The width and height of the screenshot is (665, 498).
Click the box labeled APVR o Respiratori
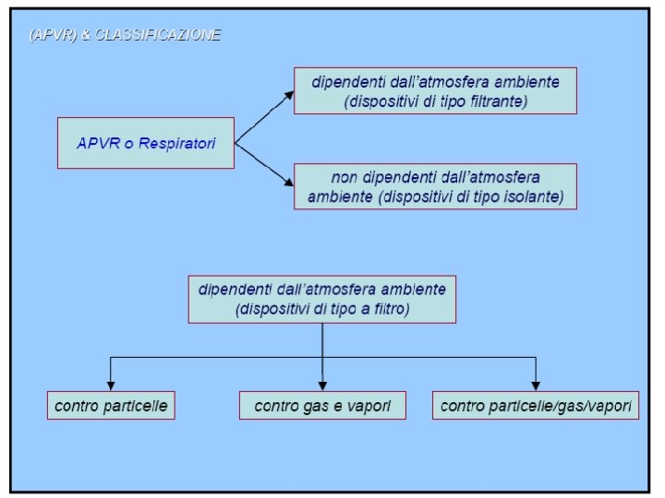tap(146, 143)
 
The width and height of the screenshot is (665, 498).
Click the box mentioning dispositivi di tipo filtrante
tap(435, 90)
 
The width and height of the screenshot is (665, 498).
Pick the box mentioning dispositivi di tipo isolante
tap(434, 187)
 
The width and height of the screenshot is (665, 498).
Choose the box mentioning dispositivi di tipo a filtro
tap(321, 299)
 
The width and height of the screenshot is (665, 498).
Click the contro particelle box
tap(112, 406)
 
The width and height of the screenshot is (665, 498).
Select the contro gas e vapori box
tap(322, 406)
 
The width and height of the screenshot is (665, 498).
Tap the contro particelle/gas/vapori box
tap(535, 406)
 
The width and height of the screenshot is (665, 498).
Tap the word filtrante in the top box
tap(496, 101)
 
